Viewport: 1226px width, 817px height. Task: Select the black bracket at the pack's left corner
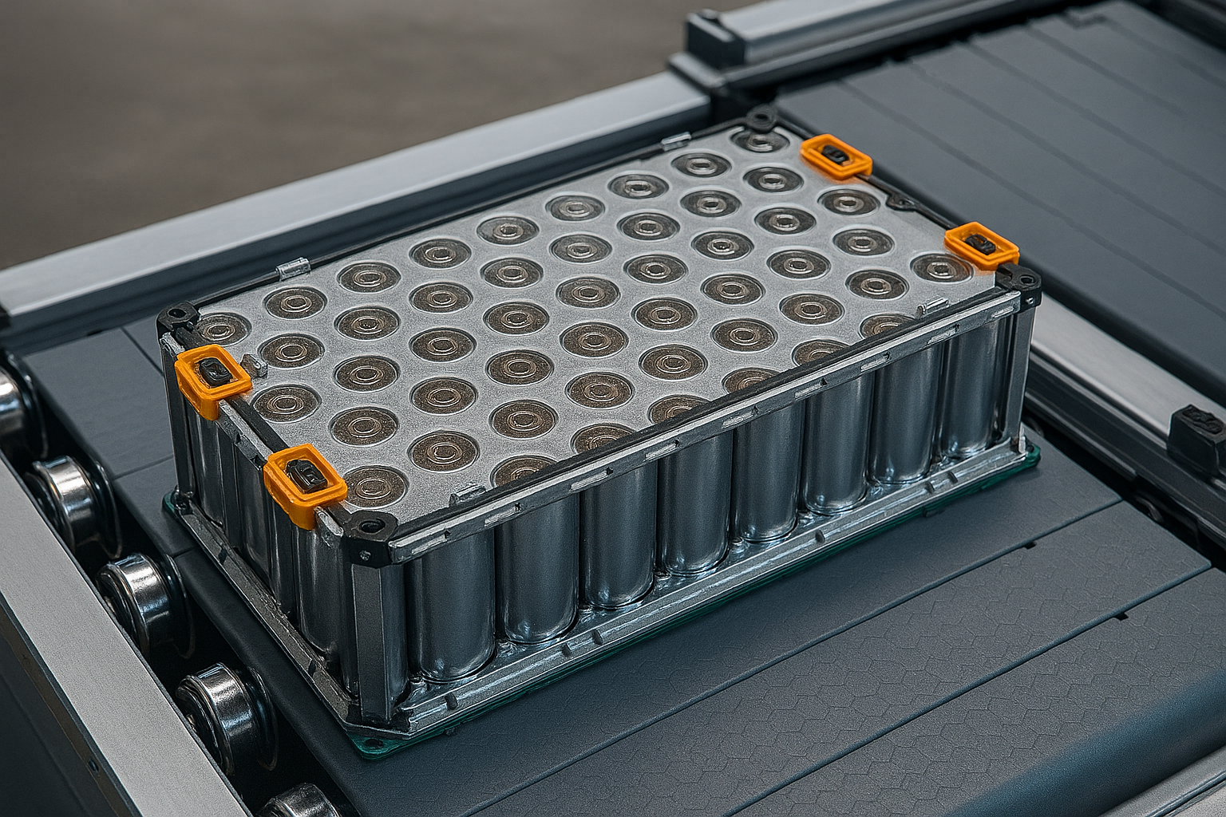click(x=177, y=318)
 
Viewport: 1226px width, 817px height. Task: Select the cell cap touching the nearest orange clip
click(x=370, y=485)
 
